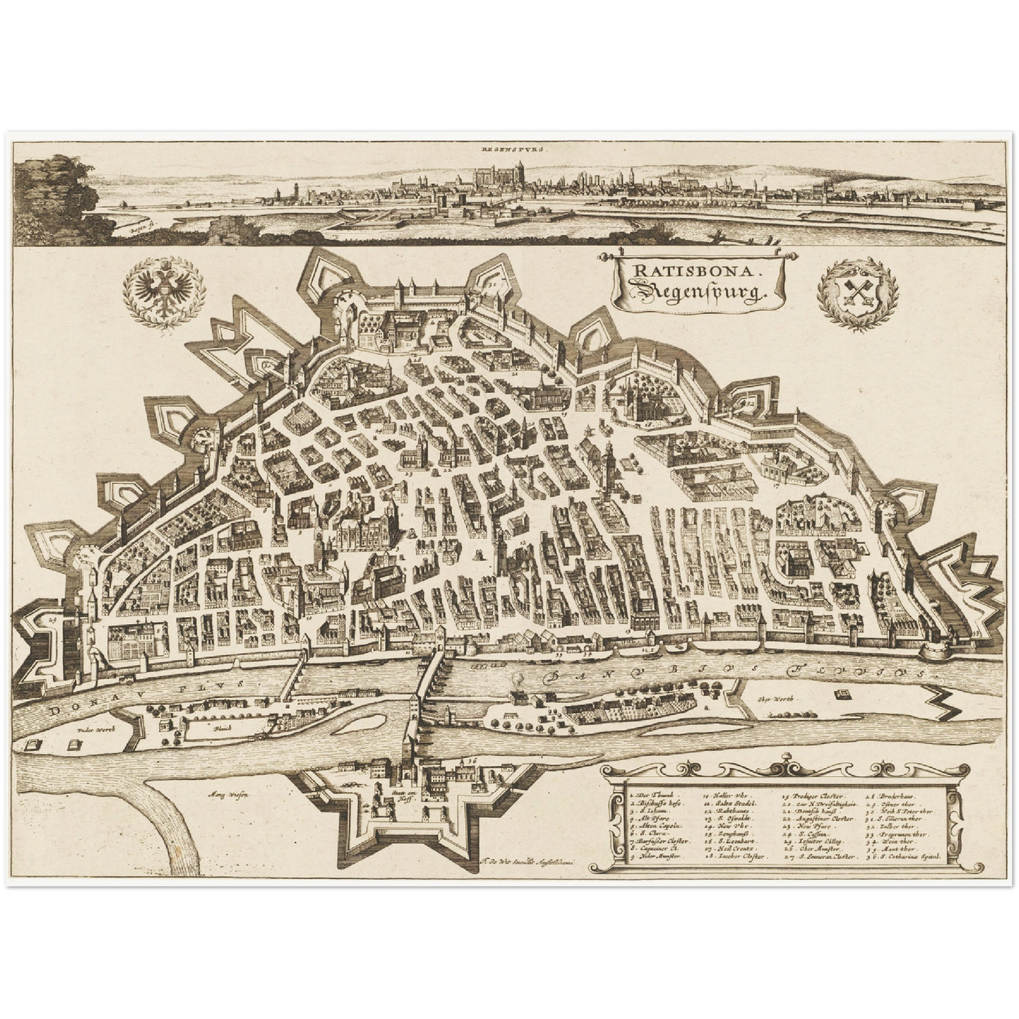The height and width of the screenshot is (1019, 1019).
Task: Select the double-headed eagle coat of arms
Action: pyautogui.click(x=164, y=291)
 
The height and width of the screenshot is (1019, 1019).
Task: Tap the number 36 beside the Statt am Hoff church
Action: pyautogui.click(x=470, y=760)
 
